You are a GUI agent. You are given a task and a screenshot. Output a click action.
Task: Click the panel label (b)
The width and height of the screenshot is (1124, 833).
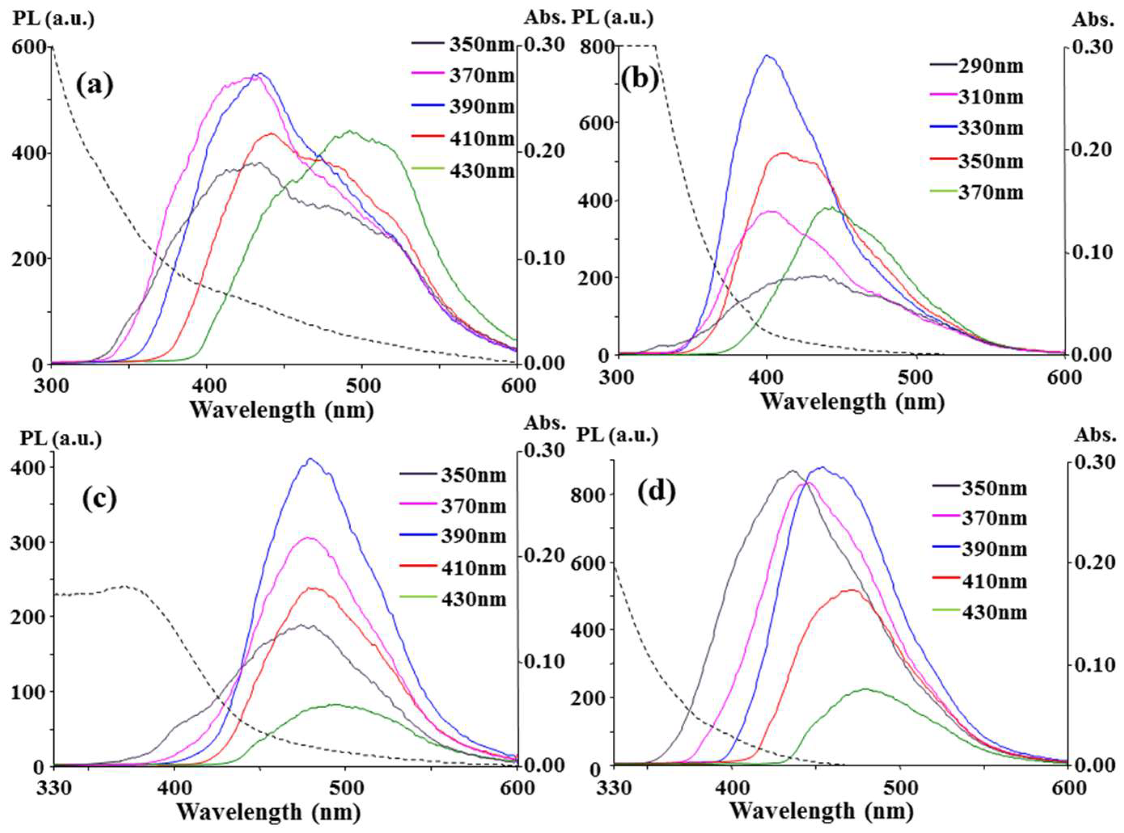[x=639, y=80]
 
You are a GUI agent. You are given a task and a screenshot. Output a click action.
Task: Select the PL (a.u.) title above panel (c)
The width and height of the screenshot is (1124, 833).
[x=61, y=439]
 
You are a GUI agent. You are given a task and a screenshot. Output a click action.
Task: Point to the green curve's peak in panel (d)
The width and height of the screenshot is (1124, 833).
[x=866, y=689]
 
